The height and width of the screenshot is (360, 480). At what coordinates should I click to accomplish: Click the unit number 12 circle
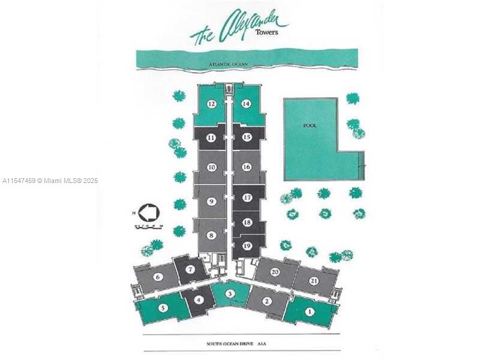pyautogui.click(x=211, y=104)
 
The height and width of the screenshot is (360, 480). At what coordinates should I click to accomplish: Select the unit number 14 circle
pyautogui.click(x=246, y=104)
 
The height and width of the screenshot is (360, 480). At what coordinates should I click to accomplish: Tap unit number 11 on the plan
pyautogui.click(x=211, y=137)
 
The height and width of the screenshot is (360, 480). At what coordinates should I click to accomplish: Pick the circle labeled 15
pyautogui.click(x=246, y=137)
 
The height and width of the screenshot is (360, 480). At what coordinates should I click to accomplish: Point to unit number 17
pyautogui.click(x=247, y=197)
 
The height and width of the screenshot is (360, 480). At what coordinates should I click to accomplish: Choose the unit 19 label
pyautogui.click(x=247, y=245)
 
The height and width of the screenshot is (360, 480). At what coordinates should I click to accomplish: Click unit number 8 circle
pyautogui.click(x=211, y=235)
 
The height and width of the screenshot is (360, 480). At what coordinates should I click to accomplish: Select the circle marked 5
pyautogui.click(x=163, y=308)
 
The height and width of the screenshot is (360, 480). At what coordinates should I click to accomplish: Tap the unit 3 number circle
pyautogui.click(x=230, y=293)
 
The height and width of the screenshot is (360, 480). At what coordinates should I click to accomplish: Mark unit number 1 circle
pyautogui.click(x=310, y=311)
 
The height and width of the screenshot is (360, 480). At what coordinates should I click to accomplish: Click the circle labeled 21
pyautogui.click(x=314, y=281)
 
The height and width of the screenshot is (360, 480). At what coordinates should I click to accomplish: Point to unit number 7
pyautogui.click(x=190, y=269)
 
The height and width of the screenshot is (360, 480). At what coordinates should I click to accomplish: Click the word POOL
pyautogui.click(x=310, y=125)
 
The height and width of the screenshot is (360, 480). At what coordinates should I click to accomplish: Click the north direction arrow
pyautogui.click(x=148, y=212)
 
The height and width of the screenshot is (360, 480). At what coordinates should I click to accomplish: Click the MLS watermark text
pyautogui.click(x=50, y=180)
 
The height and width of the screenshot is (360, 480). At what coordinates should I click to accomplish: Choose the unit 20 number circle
pyautogui.click(x=275, y=272)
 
